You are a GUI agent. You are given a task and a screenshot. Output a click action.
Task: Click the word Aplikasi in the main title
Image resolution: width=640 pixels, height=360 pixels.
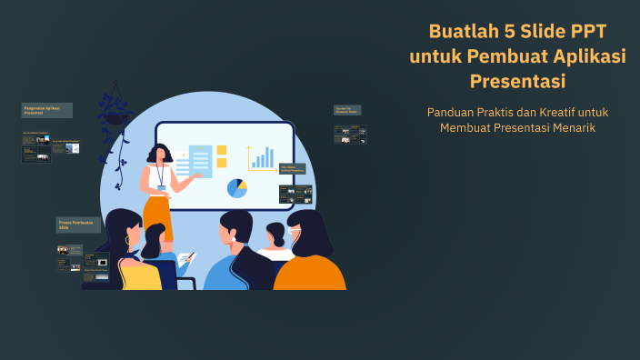point(591,56)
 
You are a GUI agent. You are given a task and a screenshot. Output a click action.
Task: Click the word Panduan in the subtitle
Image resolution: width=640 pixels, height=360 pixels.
point(449,112)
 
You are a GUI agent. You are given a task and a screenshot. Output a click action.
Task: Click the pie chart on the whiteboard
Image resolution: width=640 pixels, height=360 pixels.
point(237,188)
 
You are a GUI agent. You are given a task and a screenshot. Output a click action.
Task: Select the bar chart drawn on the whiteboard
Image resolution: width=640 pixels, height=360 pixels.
point(262,159)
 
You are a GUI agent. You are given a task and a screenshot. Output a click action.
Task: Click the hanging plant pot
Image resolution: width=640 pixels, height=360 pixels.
point(117,116)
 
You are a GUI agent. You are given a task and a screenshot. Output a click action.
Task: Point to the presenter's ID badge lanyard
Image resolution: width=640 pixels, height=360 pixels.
point(161,175)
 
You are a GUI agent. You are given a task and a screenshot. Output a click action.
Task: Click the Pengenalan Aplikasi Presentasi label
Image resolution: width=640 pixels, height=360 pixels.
point(46,110)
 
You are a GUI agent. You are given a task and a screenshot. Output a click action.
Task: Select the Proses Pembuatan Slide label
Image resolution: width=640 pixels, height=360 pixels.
point(77,224)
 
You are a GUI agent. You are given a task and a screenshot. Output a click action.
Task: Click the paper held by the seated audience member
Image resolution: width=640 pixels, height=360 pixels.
point(185,260)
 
